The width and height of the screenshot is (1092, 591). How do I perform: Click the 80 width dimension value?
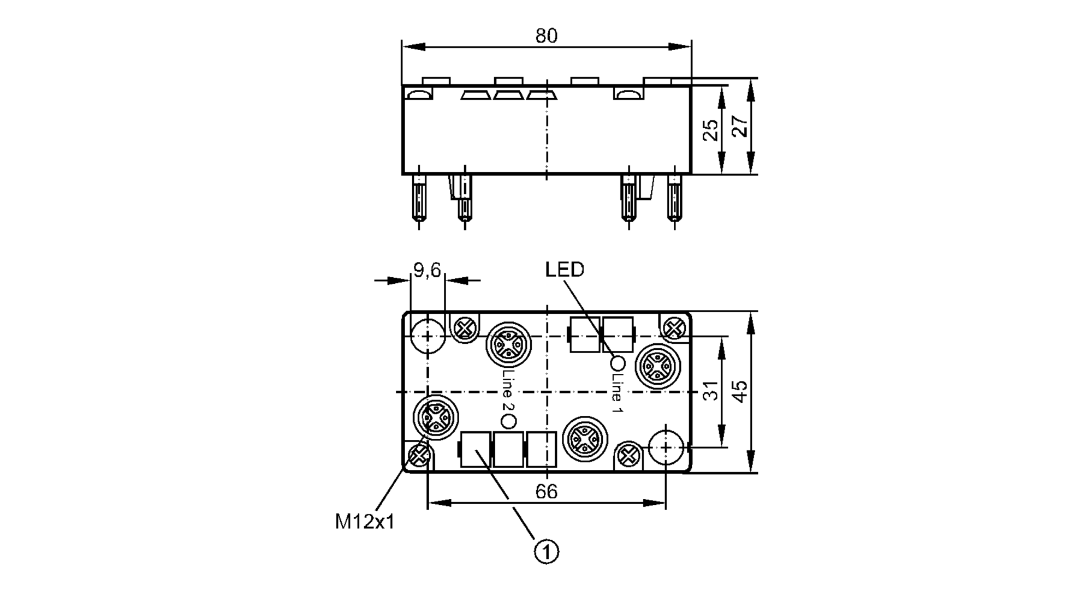[x=546, y=36]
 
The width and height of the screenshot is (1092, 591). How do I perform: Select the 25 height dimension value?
[x=710, y=130]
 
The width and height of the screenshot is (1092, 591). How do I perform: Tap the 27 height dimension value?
[x=740, y=127]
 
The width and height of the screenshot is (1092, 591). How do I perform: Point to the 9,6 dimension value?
[x=427, y=270]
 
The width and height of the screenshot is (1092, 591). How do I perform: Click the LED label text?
[x=565, y=270]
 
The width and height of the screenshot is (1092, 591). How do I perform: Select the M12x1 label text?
[x=364, y=522]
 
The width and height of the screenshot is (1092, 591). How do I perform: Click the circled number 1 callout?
[x=546, y=552]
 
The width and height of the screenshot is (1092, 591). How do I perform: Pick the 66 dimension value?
[x=546, y=492]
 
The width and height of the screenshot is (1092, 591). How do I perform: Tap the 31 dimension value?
[x=710, y=391]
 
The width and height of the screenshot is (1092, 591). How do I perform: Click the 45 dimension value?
[x=740, y=391]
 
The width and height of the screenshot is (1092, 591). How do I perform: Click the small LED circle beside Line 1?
[x=618, y=362]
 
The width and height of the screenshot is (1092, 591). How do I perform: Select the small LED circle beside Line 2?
[x=508, y=421]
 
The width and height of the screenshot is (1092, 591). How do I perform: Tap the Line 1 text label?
[x=617, y=392]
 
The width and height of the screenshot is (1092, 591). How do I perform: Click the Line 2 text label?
[x=507, y=391]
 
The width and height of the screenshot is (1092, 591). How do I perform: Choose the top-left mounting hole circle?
[x=428, y=337]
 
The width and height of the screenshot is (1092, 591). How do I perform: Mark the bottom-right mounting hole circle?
[x=666, y=447]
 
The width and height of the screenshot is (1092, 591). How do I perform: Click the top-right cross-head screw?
[x=674, y=328]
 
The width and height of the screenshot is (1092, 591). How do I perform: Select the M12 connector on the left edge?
[x=435, y=418]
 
